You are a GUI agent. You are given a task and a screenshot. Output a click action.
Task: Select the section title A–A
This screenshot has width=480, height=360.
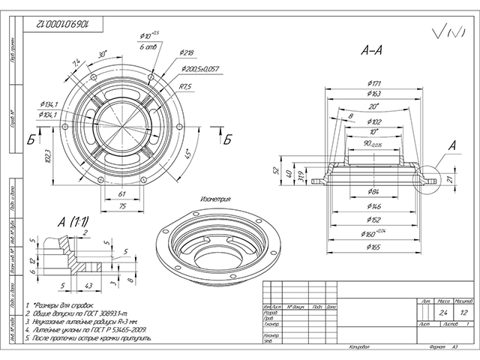[x=372, y=52]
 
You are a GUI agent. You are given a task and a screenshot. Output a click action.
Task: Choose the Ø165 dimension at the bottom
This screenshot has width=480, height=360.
[x=373, y=246]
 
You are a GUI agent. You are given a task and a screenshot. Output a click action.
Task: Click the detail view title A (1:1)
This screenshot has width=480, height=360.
[x=74, y=221]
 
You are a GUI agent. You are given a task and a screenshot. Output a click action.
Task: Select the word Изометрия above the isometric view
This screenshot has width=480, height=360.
[x=214, y=200]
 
